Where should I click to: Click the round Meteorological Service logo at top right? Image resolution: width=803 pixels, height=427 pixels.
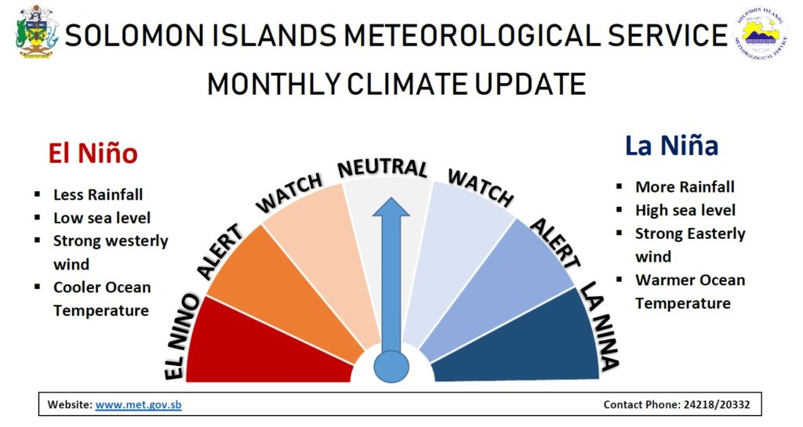click(761, 34)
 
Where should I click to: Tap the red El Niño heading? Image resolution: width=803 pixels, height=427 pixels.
click(93, 153)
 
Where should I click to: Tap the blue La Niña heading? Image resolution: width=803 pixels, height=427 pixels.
click(671, 145)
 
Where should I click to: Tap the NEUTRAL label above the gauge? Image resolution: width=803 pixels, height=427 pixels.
click(383, 168)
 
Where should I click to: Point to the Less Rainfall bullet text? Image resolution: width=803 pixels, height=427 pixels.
click(98, 194)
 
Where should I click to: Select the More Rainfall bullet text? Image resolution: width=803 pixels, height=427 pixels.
click(685, 186)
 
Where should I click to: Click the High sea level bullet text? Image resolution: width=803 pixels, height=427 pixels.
click(685, 210)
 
